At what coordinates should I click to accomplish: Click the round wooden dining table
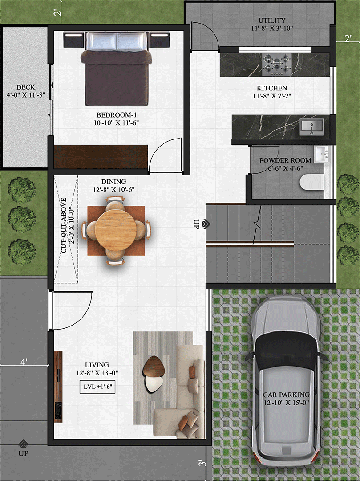116,230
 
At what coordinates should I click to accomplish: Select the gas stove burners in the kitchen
277,65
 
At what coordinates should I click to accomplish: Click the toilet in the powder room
311,182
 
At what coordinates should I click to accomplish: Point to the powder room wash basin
321,154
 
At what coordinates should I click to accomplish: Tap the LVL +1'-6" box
97,387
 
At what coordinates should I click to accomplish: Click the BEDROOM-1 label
117,115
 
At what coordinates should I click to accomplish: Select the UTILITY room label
272,20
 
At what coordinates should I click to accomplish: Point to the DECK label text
26,87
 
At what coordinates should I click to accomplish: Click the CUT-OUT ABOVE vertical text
64,225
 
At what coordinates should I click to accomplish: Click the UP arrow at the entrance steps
23,444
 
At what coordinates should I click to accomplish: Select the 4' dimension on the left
24,362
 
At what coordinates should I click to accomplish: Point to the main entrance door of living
72,310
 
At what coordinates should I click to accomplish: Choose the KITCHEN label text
272,88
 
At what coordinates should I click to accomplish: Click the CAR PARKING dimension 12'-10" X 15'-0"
286,403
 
